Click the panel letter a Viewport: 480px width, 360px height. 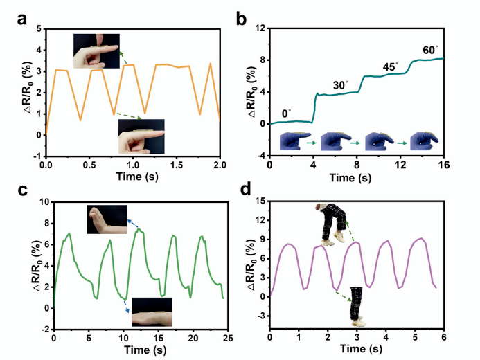pos(21,19)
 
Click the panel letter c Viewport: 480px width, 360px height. pos(21,189)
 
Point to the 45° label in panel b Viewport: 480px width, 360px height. pos(391,66)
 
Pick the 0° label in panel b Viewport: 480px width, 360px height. pos(287,111)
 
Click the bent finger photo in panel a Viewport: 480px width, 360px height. pos(95,50)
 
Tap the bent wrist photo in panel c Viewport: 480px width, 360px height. pos(107,219)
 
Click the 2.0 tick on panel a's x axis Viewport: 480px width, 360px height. pos(220,167)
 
